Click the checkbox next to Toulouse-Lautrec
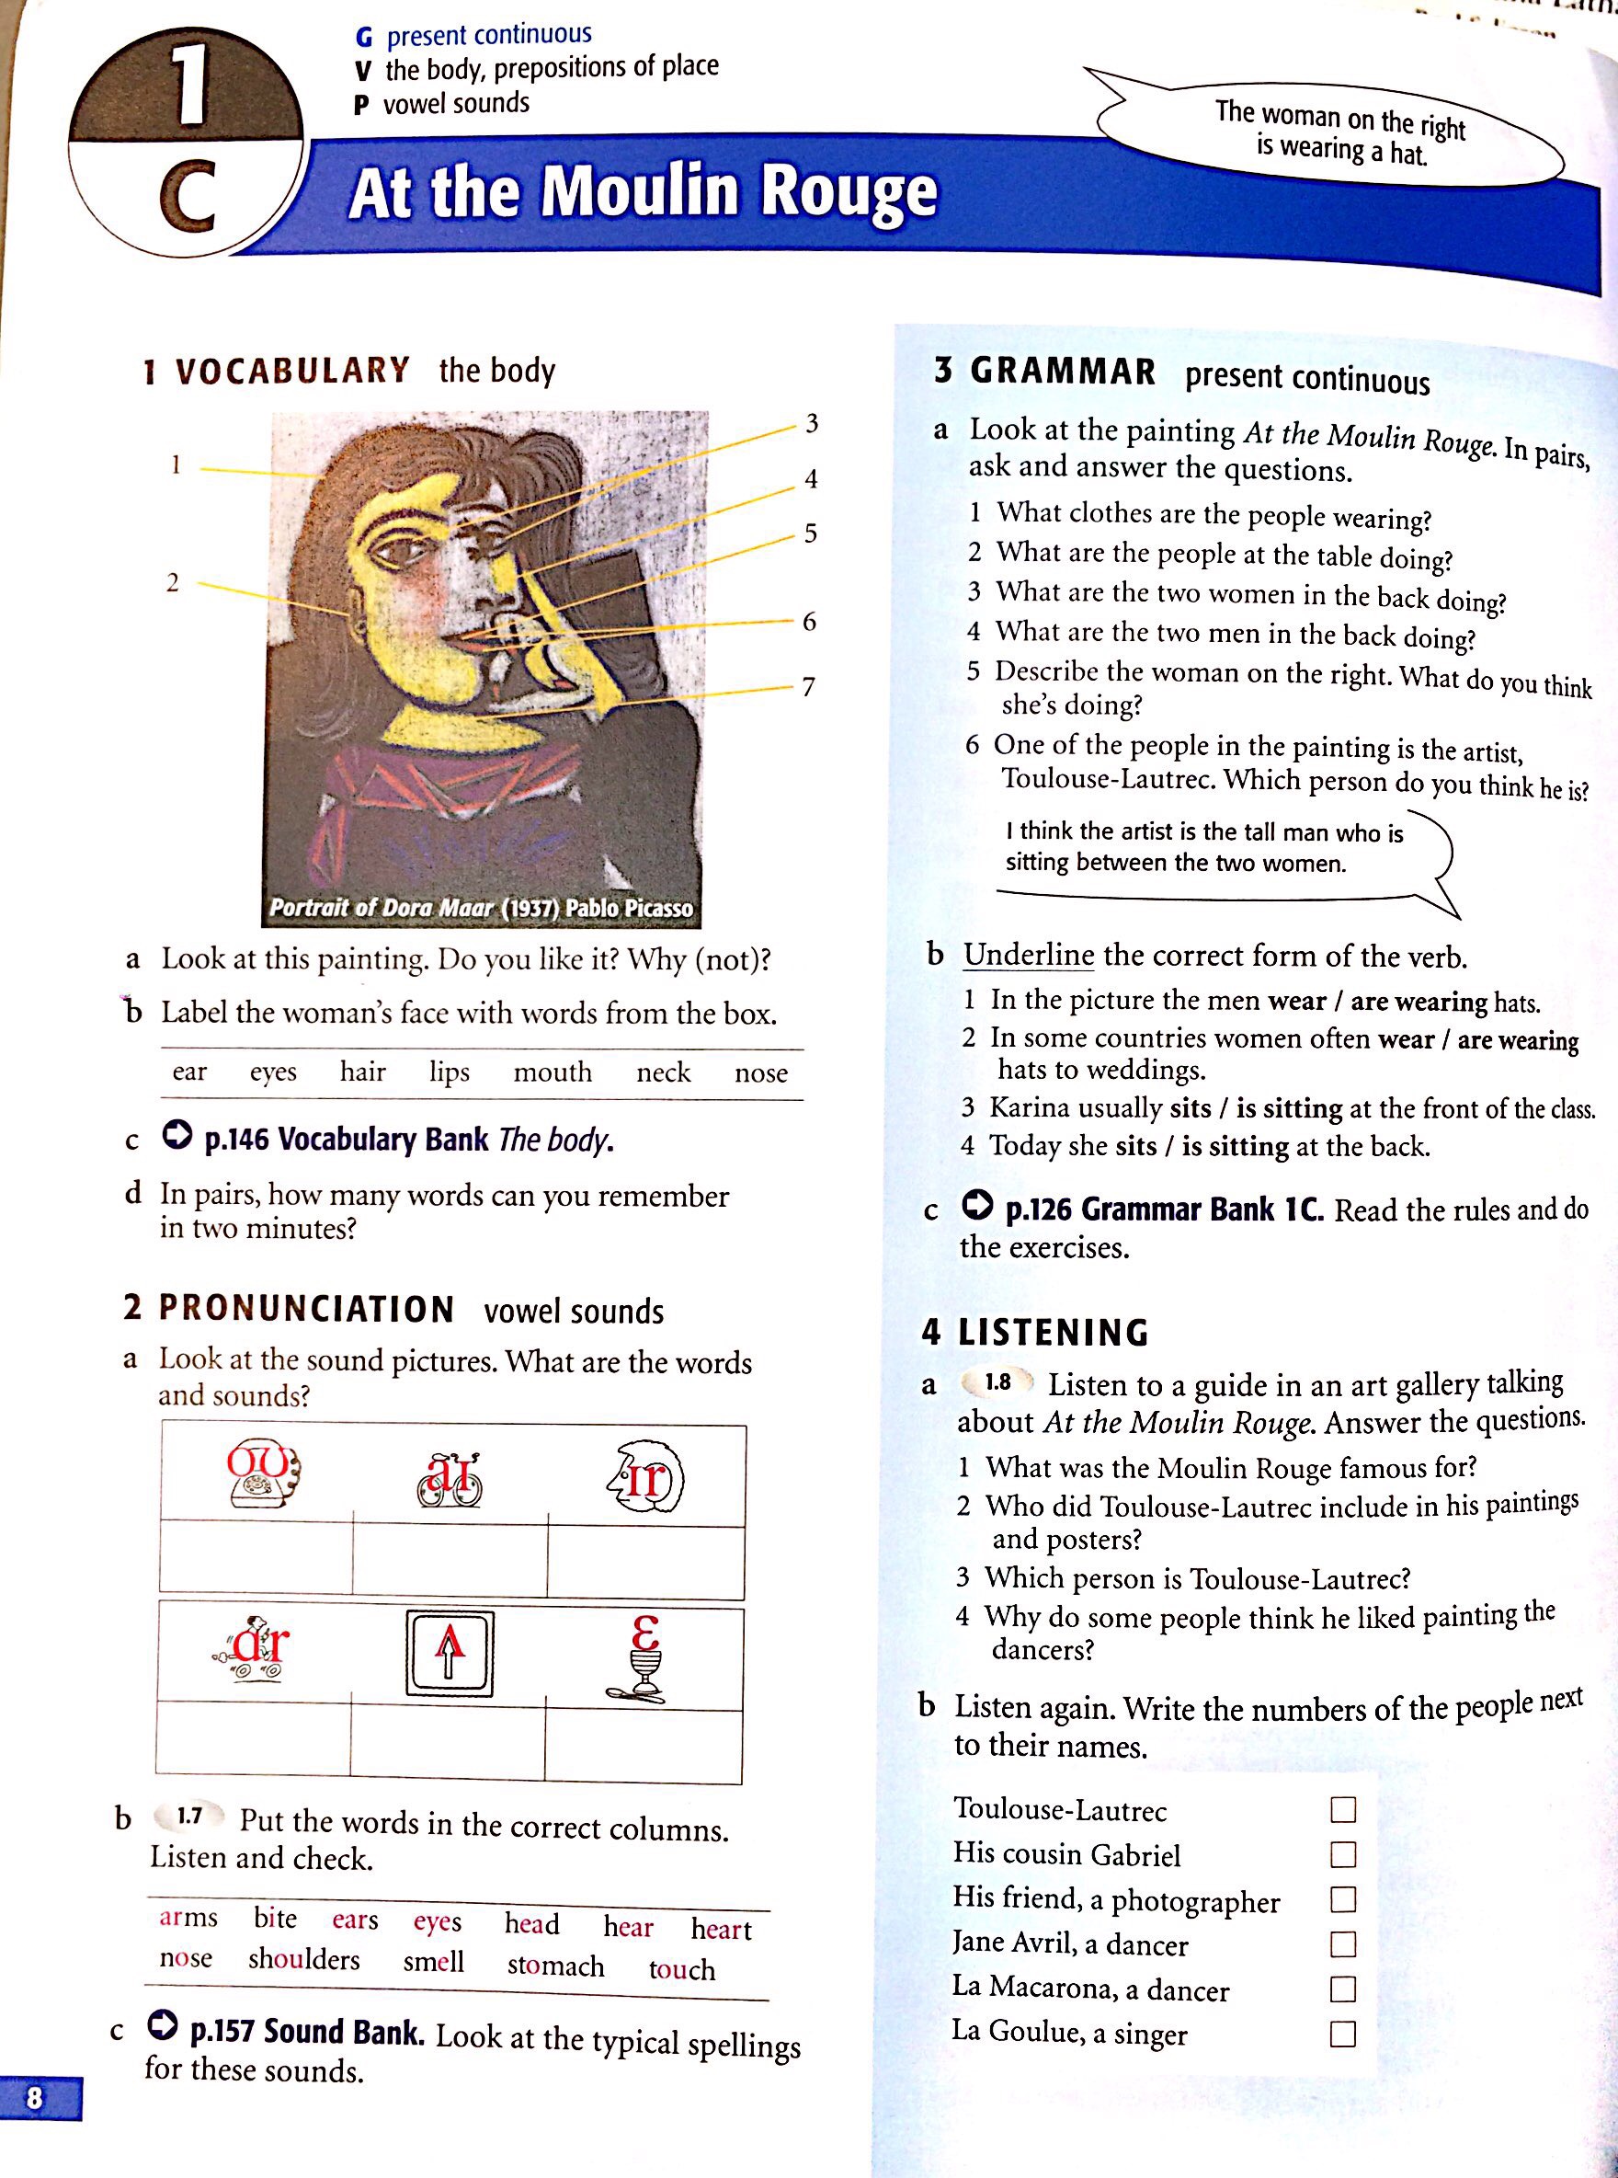click(x=1343, y=1809)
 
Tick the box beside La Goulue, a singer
click(x=1343, y=2035)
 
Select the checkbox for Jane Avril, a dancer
click(x=1343, y=1943)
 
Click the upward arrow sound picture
click(x=450, y=1653)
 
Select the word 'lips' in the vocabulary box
click(x=449, y=1072)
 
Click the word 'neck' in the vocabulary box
click(x=663, y=1072)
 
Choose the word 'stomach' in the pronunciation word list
click(x=555, y=1966)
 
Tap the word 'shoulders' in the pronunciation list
click(x=303, y=1959)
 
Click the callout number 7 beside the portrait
click(x=808, y=687)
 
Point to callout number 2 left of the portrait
click(x=173, y=582)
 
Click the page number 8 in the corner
click(x=35, y=2098)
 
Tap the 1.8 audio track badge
click(x=997, y=1382)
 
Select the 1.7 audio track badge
click(x=189, y=1816)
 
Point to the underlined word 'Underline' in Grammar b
click(x=1028, y=955)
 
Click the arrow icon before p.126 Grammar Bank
click(x=976, y=1204)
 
